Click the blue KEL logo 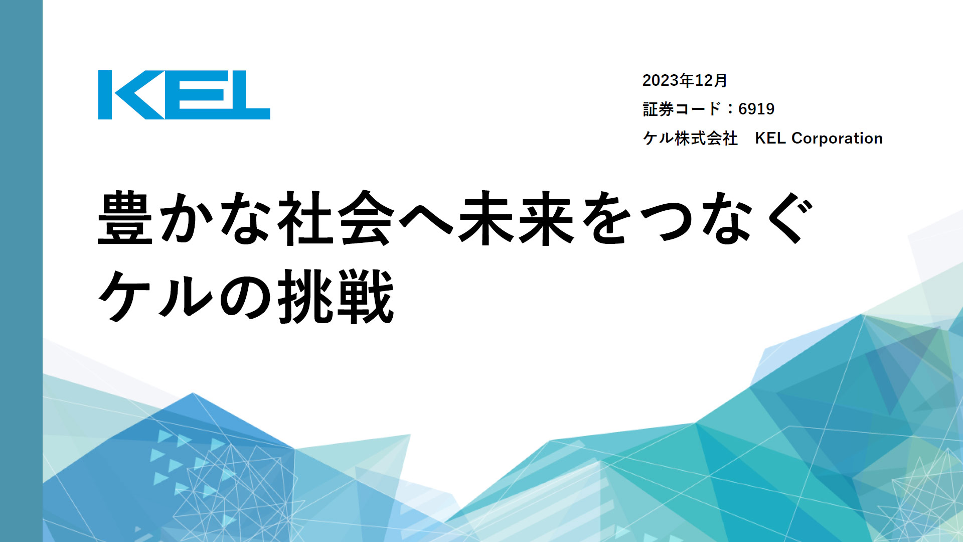(184, 95)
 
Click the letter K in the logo (131, 95)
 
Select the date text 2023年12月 (685, 80)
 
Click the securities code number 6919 (756, 109)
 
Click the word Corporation (837, 138)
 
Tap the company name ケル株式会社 (690, 138)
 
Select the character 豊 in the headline (125, 218)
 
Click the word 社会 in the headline (337, 218)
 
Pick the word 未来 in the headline (516, 218)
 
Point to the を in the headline (607, 218)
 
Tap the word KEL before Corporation (770, 138)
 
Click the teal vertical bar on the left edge (21, 271)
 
